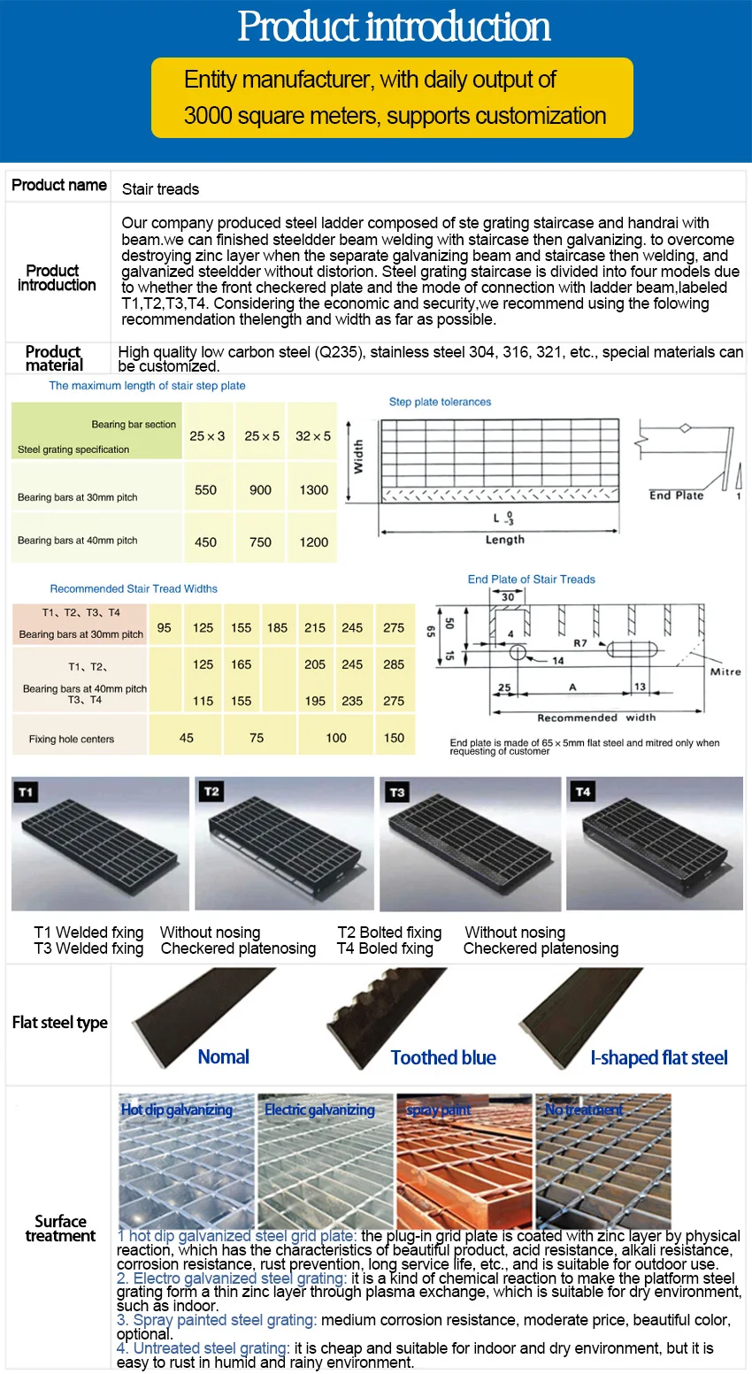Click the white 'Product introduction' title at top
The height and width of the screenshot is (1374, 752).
[x=394, y=27]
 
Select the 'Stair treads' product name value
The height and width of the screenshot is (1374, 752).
[x=160, y=188]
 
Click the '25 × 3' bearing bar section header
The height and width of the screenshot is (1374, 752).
[x=207, y=436]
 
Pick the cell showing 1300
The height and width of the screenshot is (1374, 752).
[x=313, y=490]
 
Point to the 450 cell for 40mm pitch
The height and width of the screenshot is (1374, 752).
[x=205, y=542]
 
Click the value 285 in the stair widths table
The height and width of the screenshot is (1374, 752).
[x=394, y=664]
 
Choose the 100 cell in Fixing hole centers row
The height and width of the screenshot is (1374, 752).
[x=336, y=738]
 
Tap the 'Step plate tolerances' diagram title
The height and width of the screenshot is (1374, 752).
[x=440, y=402]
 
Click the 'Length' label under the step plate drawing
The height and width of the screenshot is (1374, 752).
[x=504, y=540]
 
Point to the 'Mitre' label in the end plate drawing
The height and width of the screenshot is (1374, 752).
[x=725, y=672]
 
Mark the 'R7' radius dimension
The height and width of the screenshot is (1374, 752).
[x=579, y=643]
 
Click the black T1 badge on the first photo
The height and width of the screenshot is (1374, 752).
[x=26, y=792]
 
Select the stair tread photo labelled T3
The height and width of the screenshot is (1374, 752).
[x=469, y=845]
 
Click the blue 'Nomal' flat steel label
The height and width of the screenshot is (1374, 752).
[x=223, y=1057]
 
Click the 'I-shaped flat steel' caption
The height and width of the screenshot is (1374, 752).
[x=658, y=1058]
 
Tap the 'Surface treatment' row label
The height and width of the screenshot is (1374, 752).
[x=60, y=1229]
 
